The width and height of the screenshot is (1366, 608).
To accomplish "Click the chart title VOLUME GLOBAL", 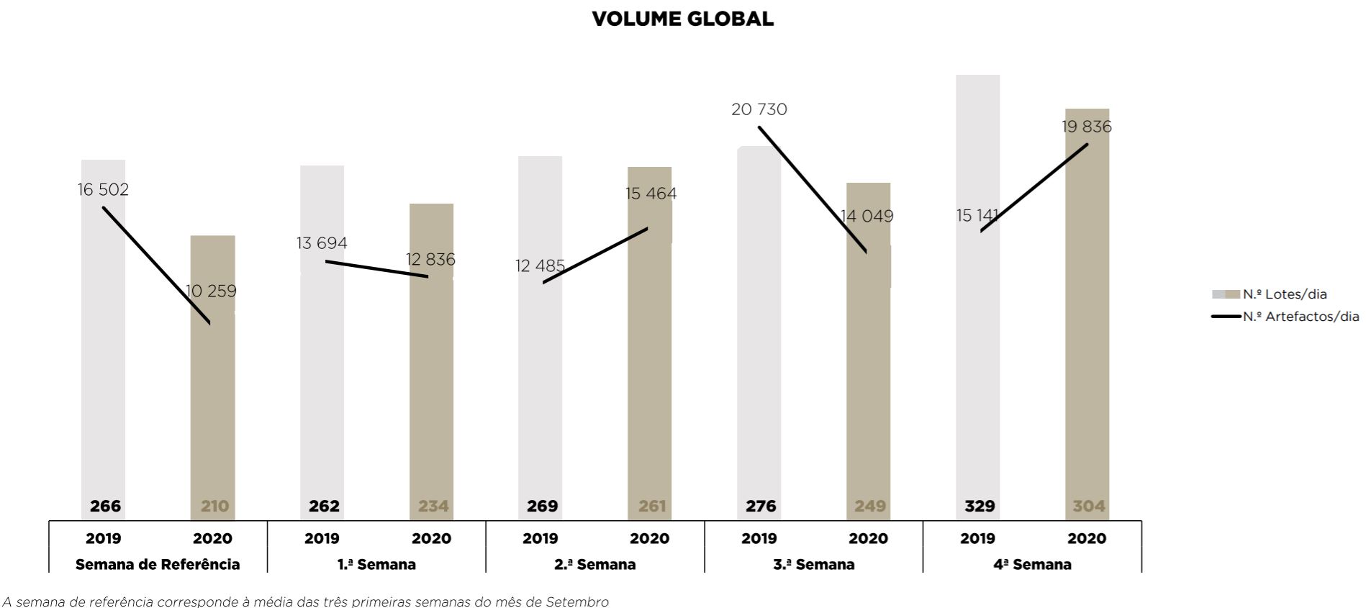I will click(682, 19).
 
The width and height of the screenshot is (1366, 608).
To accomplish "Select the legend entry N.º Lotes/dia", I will click(1284, 294).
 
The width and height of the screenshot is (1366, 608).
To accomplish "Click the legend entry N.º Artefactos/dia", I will click(1300, 317).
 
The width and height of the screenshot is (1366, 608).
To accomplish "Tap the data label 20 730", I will click(759, 109).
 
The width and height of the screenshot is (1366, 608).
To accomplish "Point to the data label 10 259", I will click(211, 291).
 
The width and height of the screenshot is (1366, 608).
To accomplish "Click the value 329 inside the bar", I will click(979, 506).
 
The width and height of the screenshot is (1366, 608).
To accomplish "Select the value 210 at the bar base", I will click(214, 506).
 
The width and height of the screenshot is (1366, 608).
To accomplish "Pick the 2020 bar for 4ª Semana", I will click(1087, 324).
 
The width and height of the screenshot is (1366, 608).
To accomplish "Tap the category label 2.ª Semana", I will click(594, 565).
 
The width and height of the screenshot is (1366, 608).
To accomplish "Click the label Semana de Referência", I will click(158, 565).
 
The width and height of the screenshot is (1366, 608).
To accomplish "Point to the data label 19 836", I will click(1087, 127).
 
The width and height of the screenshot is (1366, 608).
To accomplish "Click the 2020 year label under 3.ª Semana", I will click(868, 538).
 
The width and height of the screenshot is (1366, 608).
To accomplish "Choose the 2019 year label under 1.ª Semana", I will click(322, 538).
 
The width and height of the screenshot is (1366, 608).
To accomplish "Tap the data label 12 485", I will click(540, 266).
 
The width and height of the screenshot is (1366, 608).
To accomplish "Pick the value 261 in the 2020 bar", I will click(651, 506).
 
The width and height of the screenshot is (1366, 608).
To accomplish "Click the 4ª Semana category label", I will click(1032, 565).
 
